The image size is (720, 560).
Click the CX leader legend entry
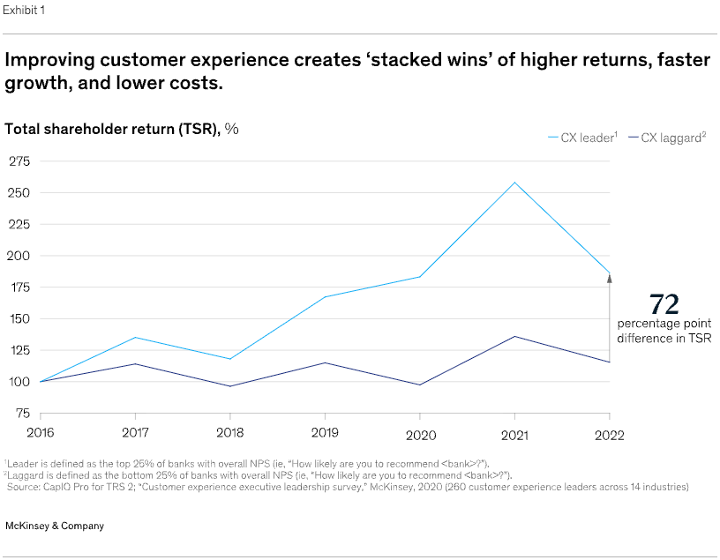coord(581,138)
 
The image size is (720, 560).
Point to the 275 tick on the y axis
coord(19,161)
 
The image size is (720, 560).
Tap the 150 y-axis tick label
coord(19,318)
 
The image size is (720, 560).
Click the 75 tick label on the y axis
coord(22,413)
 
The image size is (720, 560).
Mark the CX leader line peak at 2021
coord(514,183)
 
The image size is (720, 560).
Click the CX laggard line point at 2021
coord(514,336)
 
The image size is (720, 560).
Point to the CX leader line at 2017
coord(135,337)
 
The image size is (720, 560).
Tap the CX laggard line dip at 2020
coord(420,385)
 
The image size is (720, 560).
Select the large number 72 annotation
coord(664,304)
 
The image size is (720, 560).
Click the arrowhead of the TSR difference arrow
coord(609,278)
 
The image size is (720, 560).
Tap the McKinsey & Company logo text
coord(55,526)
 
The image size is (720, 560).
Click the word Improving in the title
coord(52,61)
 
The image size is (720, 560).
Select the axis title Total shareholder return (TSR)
coord(112,128)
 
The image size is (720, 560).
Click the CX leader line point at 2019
coord(325,297)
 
